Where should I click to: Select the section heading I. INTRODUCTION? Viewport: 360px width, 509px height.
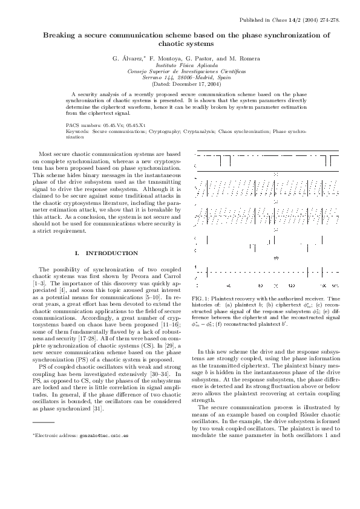[x=106, y=253]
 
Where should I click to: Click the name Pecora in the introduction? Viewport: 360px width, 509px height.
[x=146, y=276]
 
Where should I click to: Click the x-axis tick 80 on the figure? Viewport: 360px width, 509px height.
[x=260, y=284]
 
